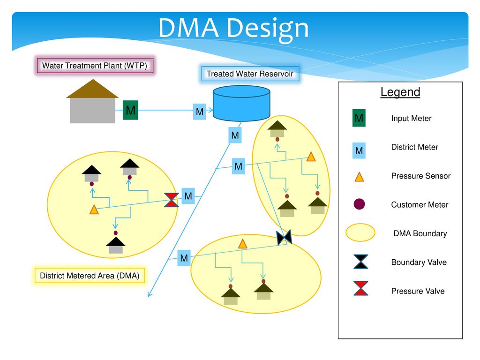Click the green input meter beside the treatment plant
point(130,110)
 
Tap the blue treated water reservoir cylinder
point(241,103)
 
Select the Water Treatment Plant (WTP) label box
point(95,65)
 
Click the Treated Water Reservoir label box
point(250,74)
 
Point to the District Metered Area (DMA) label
point(90,276)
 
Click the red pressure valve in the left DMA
point(172,200)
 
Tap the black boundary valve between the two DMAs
point(284,237)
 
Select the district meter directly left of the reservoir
point(200,112)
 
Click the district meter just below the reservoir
point(235,135)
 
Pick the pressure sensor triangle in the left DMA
point(94,210)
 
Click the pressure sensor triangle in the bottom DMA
point(242,244)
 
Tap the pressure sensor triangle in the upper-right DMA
point(311,157)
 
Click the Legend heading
point(400,92)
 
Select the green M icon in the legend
point(359,118)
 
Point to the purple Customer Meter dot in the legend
point(359,204)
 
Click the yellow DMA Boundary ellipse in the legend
point(360,232)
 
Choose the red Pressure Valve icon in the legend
point(361,288)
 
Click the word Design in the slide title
point(268,29)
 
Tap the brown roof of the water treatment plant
point(92,89)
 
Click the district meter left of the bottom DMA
point(184,258)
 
